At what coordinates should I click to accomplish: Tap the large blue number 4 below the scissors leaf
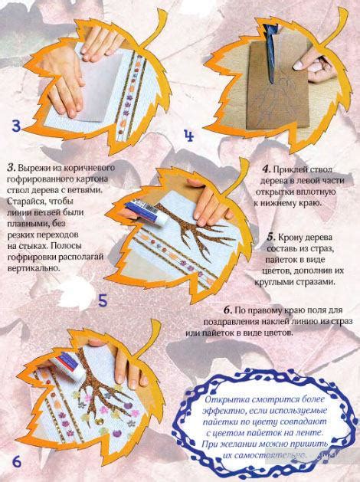[x=188, y=138]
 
